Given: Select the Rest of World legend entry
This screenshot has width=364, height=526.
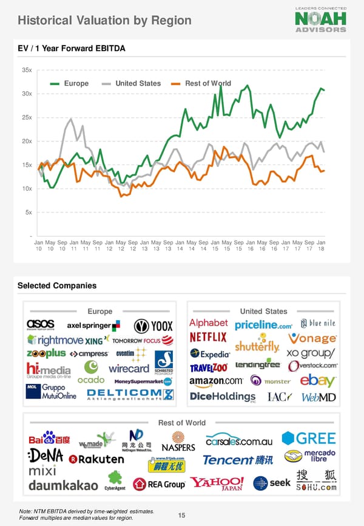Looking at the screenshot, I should click(x=197, y=83).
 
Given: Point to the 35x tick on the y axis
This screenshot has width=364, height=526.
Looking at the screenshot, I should click(x=27, y=70).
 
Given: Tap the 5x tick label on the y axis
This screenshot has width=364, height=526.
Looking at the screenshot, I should click(x=29, y=212).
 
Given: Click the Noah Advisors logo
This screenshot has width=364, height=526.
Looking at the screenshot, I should click(x=321, y=19).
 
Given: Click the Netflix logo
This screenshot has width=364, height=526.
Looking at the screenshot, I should click(x=208, y=336).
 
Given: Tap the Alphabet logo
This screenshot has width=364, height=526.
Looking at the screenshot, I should click(x=209, y=323).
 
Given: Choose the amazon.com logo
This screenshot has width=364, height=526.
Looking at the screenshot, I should click(x=216, y=381).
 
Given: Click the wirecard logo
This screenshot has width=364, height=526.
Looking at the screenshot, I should click(x=129, y=368).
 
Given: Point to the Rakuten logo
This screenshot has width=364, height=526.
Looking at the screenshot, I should click(x=96, y=459).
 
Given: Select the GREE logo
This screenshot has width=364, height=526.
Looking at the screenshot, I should click(x=309, y=439).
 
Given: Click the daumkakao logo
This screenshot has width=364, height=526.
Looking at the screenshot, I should click(x=63, y=486).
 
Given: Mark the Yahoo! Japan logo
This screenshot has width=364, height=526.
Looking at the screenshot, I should click(x=217, y=484).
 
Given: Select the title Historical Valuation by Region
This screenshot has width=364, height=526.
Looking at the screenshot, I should click(x=104, y=21).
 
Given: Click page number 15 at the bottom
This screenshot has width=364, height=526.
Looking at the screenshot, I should click(x=181, y=516).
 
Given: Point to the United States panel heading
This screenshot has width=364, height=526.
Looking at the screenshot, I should click(x=263, y=311).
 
